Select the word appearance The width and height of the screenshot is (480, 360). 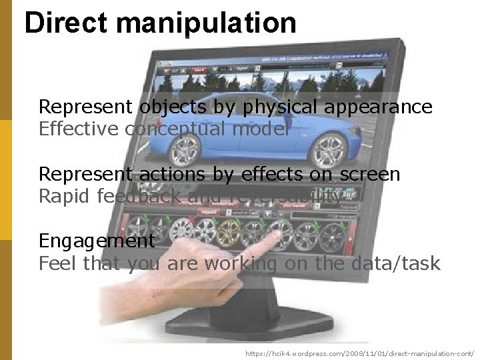tap(379, 107)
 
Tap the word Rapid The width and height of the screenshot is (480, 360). tap(65, 197)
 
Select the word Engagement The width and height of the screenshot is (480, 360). tap(97, 241)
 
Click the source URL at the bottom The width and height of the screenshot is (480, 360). tap(359, 353)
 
